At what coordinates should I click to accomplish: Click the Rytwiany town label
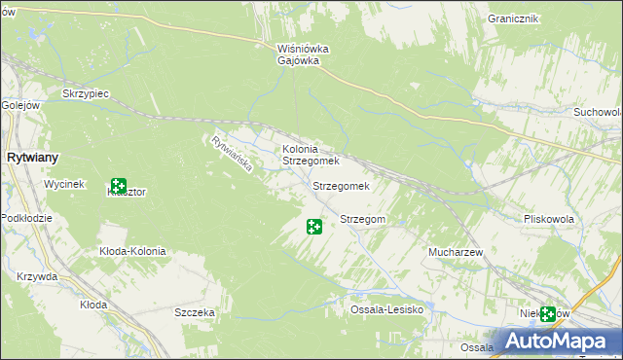pos(32,157)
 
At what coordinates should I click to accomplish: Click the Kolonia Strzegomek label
pos(310,155)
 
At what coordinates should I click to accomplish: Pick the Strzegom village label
pos(362,220)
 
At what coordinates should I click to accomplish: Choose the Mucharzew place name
pos(456,252)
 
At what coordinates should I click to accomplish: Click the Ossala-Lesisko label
pos(386,309)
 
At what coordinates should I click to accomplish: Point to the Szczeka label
pos(194,312)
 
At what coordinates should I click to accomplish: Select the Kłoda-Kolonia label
pos(132,251)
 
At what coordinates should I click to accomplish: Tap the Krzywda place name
pos(37,276)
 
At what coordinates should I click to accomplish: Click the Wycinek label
pos(65,184)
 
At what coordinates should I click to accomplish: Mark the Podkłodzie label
pos(26,218)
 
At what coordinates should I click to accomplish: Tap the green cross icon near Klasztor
pos(119,185)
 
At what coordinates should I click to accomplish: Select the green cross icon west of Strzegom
pos(314,227)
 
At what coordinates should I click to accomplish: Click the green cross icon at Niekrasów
pos(548,314)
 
